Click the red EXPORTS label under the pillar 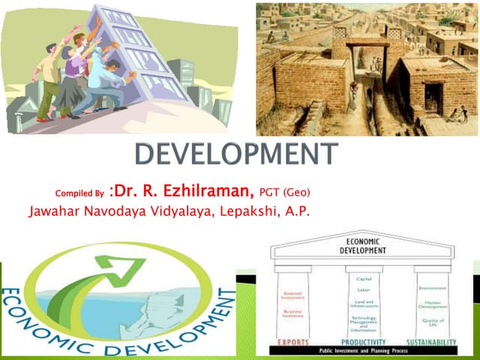click(294, 342)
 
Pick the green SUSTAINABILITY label click(433, 342)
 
